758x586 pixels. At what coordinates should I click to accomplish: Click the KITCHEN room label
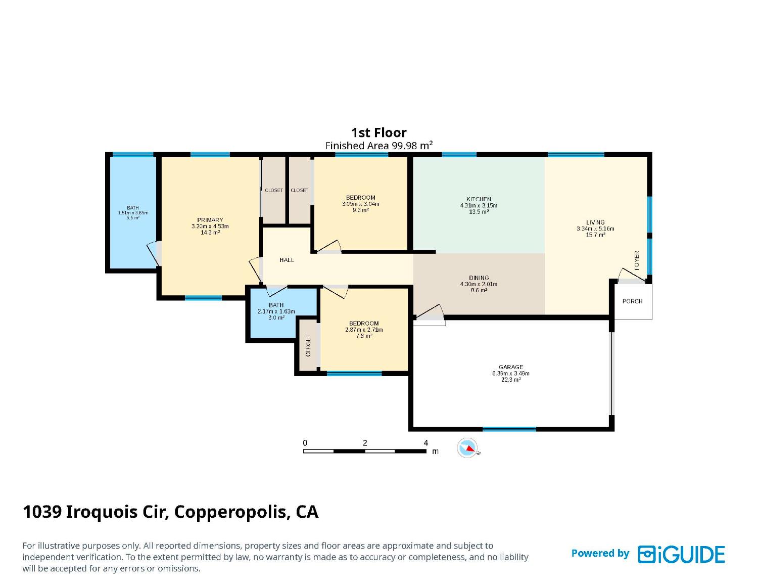pos(478,199)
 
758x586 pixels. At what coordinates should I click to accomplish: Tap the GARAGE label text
pos(510,367)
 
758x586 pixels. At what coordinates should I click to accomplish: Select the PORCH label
pos(632,301)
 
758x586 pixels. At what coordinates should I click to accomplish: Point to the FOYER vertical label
pos(637,260)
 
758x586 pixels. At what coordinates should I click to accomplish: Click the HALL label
pos(287,260)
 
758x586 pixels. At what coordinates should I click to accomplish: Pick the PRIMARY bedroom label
pos(210,220)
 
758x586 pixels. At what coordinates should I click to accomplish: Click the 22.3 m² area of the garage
pos(511,380)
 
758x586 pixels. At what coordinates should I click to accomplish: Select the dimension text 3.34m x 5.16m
pos(595,229)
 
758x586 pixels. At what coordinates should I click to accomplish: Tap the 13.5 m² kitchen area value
pos(479,211)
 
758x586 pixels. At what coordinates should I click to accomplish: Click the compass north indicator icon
pos(467,448)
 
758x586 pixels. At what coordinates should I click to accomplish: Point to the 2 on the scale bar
pos(364,443)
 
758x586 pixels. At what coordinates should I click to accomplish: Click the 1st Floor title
pos(378,132)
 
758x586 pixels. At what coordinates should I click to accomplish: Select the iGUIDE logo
pos(681,554)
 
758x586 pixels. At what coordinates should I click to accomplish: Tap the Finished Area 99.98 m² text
pos(379,145)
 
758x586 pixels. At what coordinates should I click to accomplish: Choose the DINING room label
pos(479,278)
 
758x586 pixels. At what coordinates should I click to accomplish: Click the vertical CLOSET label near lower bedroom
pos(308,345)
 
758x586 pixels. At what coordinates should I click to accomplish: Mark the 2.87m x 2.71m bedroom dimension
pos(363,330)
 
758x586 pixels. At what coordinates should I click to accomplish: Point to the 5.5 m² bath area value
pos(132,217)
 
